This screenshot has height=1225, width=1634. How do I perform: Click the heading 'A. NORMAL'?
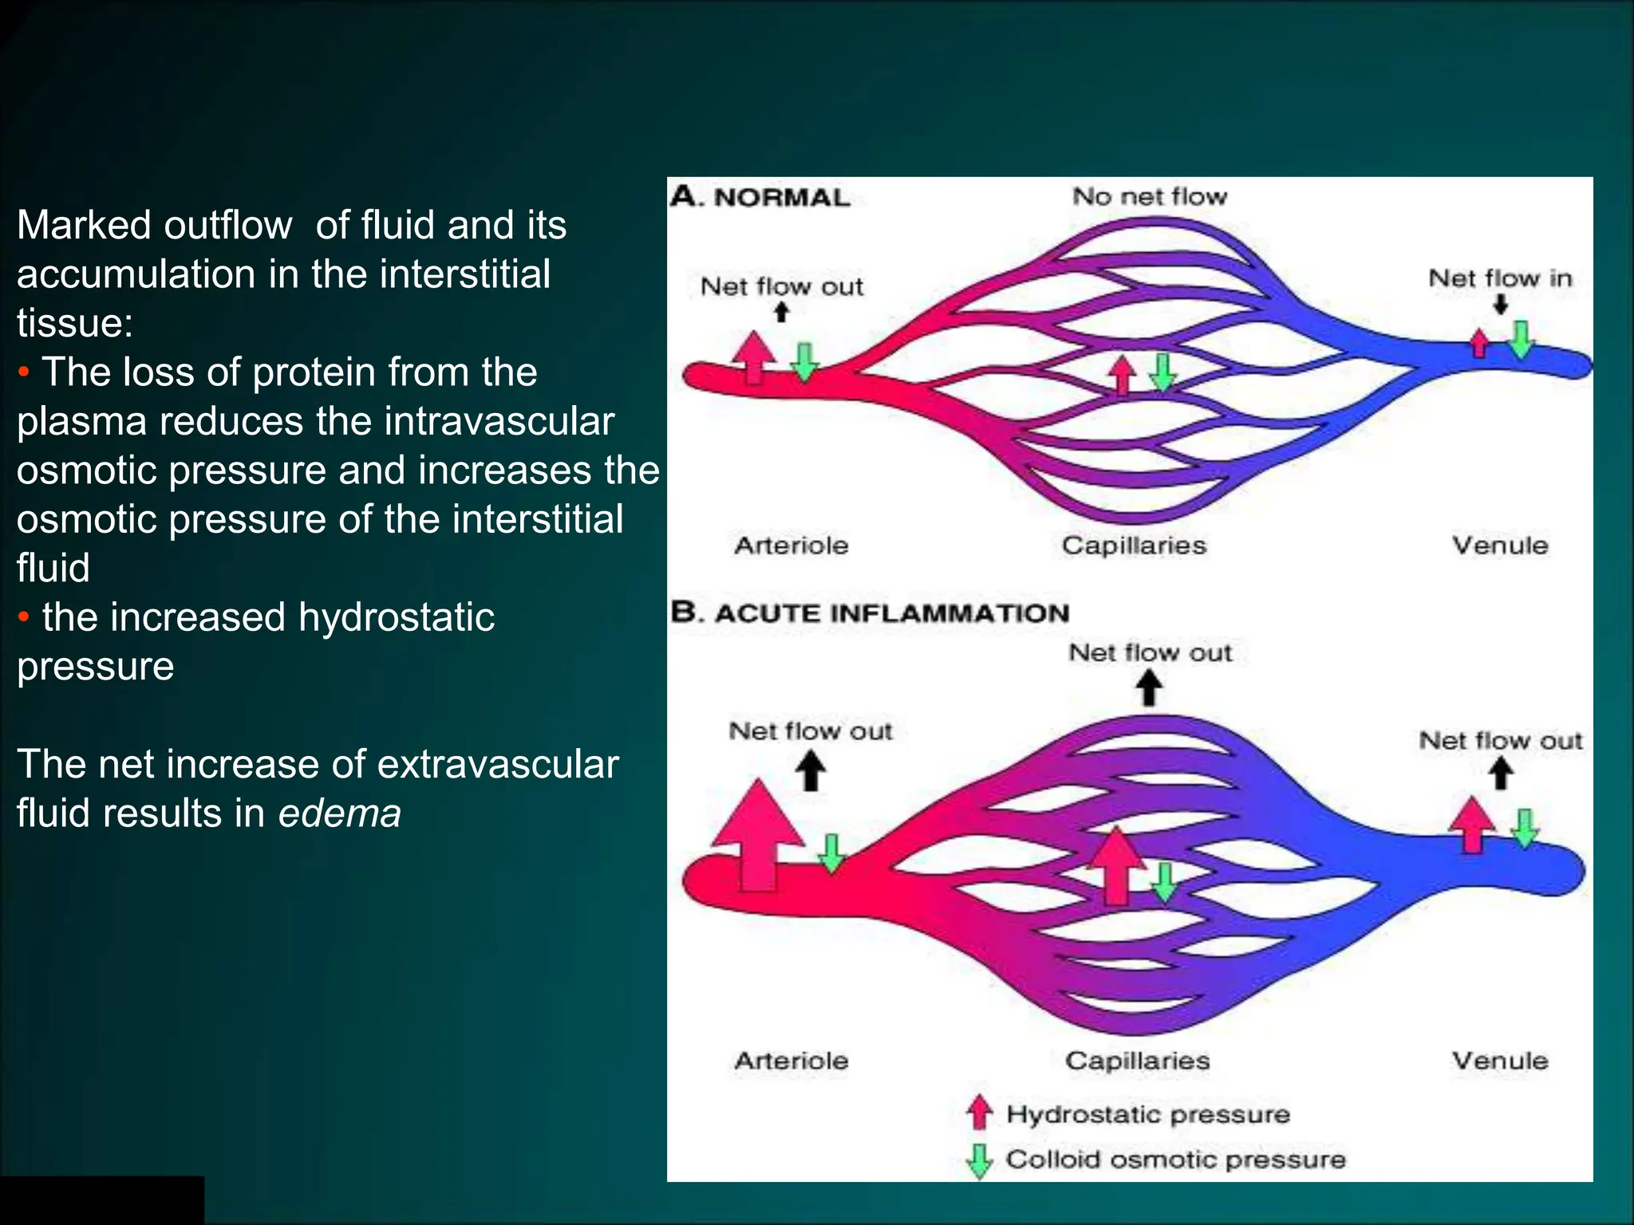coord(760,197)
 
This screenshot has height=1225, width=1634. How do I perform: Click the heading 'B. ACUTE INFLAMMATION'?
coord(870,612)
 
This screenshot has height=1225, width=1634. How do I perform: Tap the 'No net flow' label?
coord(1149,196)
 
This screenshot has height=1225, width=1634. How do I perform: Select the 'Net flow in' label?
coord(1499,278)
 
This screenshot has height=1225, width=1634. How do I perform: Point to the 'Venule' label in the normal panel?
coord(1499,546)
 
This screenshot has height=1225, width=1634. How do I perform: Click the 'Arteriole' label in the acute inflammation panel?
coord(791,1061)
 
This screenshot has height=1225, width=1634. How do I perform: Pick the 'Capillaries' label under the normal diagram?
coord(1133,546)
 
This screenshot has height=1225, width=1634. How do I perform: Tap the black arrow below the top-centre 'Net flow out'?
coord(1149,687)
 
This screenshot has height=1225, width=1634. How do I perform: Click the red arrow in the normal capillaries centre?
coord(1123,374)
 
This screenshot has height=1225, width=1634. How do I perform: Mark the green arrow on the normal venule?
coord(1521,339)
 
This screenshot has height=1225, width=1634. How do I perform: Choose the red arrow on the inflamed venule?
coord(1471,825)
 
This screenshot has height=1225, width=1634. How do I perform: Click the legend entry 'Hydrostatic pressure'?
coord(1147,1114)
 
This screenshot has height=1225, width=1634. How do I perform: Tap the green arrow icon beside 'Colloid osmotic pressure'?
coord(979,1161)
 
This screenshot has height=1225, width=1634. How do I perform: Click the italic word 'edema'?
coord(339,813)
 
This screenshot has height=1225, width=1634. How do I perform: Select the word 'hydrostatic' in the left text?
coord(396,617)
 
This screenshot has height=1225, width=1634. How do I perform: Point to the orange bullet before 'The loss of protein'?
coord(24,372)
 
